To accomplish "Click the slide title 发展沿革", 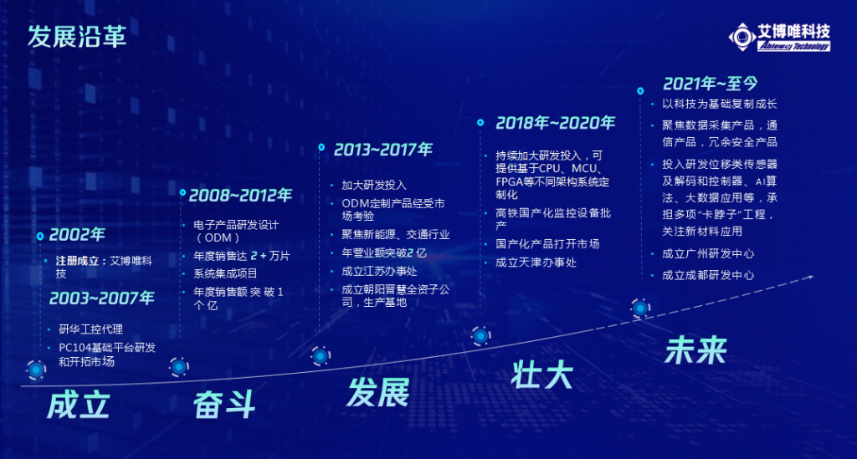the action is pos(77,37).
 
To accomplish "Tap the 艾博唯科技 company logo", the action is pos(779,37).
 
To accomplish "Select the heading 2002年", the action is pos(77,235).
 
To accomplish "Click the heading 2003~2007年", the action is pos(101,298).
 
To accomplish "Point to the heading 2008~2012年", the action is pos(240,195).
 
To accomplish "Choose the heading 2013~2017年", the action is pos(383,149).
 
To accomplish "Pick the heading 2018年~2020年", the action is pos(556,123).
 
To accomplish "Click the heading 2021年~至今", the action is pos(711,84).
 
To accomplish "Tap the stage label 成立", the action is pos(78,405).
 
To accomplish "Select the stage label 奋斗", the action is pos(224,405).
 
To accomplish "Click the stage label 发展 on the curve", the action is pos(377,392).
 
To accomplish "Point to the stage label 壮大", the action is pos(541,375).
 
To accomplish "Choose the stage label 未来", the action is pos(695,349).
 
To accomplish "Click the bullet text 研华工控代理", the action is pos(90,329).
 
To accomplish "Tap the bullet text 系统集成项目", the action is pos(225,273).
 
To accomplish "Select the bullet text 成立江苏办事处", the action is pos(379,271).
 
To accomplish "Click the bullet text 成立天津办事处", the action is pos(536,263).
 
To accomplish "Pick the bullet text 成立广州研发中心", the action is pos(708,254).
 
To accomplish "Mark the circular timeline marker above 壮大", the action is pos(481,336).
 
